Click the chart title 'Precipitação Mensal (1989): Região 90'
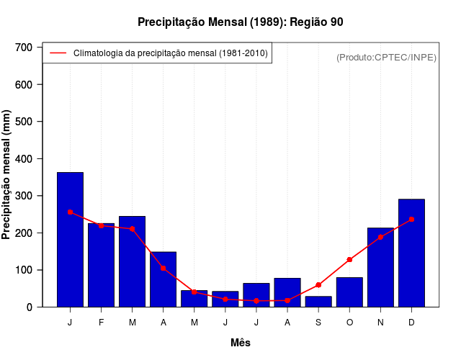click(x=241, y=22)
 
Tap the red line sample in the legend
click(x=58, y=53)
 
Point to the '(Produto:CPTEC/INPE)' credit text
click(x=386, y=57)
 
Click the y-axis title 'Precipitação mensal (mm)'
click(x=7, y=175)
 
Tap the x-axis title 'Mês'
click(x=241, y=343)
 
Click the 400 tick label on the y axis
click(x=24, y=159)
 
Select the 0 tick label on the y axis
click(x=30, y=307)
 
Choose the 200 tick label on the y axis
click(x=24, y=233)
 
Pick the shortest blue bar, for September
click(x=318, y=302)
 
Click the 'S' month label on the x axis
click(x=318, y=323)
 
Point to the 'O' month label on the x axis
click(x=349, y=323)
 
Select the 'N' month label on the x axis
click(x=380, y=323)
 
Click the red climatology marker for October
click(x=349, y=260)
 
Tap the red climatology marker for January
click(x=70, y=212)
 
